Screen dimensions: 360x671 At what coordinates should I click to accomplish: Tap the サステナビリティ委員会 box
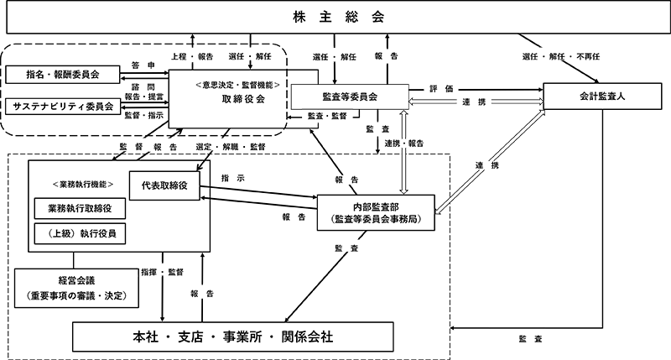pyautogui.click(x=63, y=106)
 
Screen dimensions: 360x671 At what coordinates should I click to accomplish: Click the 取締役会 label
pyautogui.click(x=238, y=98)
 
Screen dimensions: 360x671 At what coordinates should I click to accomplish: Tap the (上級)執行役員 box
pyautogui.click(x=80, y=232)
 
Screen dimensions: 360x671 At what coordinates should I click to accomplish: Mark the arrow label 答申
pyautogui.click(x=140, y=65)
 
